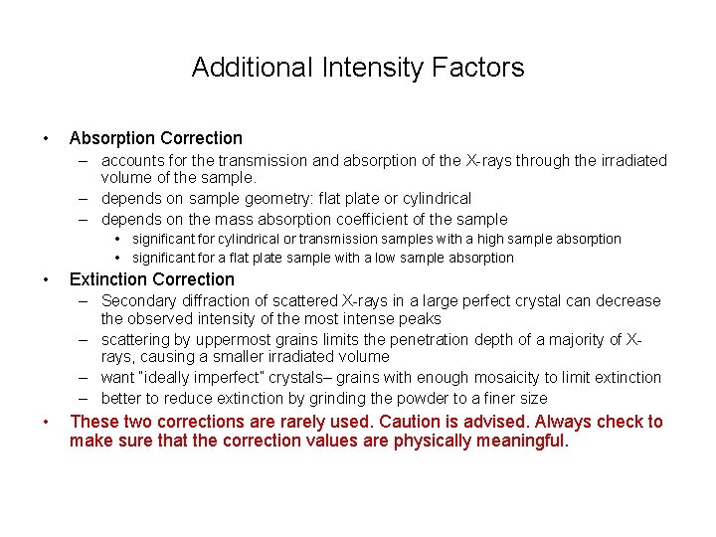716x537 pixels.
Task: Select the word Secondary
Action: (x=136, y=300)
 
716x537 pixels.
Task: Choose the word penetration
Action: (x=395, y=339)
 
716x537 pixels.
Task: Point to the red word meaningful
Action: (x=517, y=441)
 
